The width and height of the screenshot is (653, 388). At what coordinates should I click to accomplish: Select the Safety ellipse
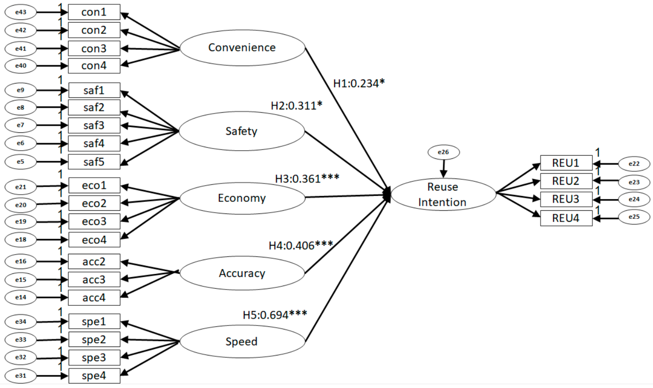click(242, 131)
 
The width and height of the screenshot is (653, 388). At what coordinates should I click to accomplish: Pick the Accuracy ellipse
click(242, 273)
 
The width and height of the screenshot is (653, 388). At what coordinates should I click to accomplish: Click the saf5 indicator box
click(94, 162)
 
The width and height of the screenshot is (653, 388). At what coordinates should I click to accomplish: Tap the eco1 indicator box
click(94, 185)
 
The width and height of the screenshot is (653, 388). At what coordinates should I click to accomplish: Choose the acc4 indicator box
click(94, 297)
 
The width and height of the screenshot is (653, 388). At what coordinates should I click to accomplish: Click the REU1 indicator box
click(566, 163)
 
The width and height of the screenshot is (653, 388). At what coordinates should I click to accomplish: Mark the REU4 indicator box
click(566, 218)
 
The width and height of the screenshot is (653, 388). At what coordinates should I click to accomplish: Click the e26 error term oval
click(443, 152)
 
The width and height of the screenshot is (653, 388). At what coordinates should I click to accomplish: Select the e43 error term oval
click(21, 12)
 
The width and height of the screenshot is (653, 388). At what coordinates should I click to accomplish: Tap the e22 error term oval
click(634, 164)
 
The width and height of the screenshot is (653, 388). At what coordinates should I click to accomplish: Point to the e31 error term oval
click(21, 376)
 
